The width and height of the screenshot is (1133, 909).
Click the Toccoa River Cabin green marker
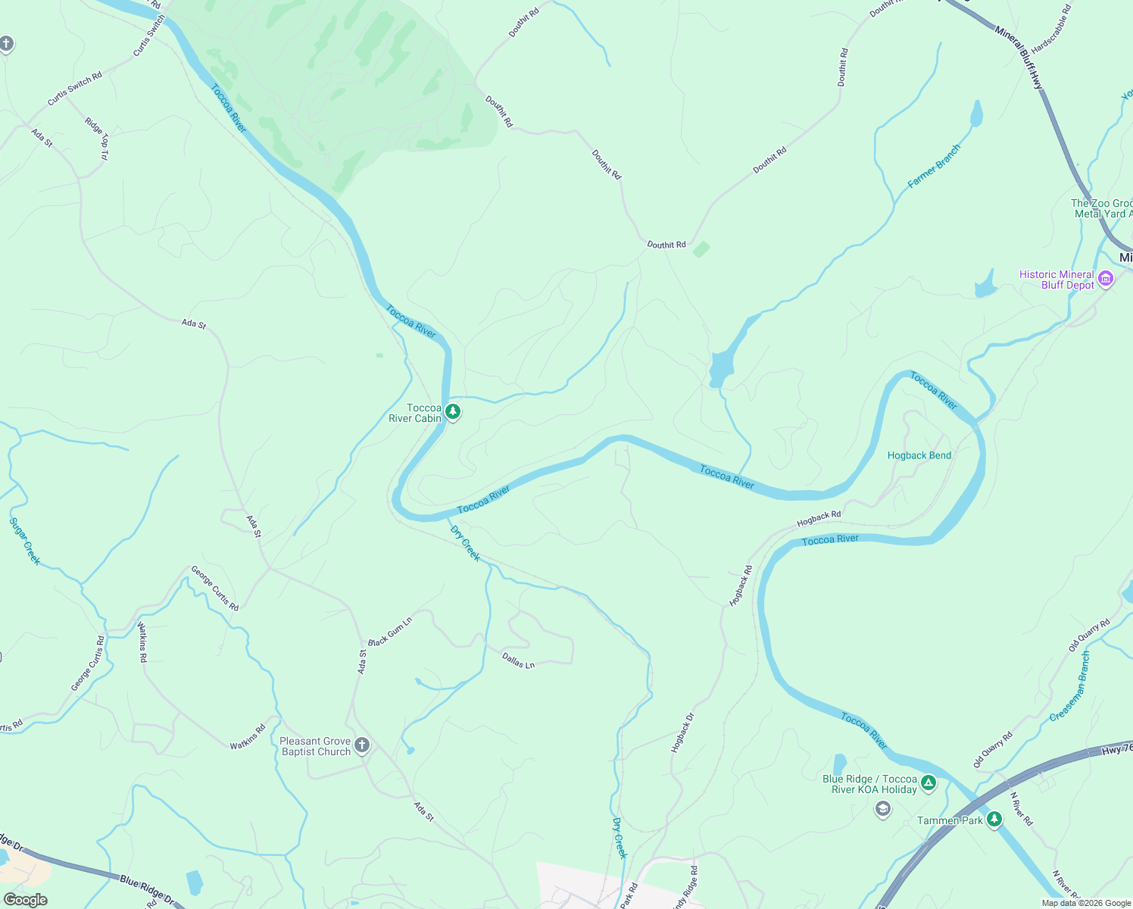coord(452,412)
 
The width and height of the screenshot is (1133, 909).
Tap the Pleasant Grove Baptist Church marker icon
coord(362,745)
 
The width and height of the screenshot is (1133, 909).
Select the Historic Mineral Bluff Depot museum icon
coord(1106,279)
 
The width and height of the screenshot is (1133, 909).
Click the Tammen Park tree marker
coord(994,819)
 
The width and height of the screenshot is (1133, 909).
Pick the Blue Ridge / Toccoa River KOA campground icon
coord(929,783)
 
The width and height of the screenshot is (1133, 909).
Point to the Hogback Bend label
coord(919,455)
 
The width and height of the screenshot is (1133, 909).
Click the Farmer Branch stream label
coord(934,166)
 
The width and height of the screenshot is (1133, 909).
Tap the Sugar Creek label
coord(24,541)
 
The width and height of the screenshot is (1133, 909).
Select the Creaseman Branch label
coord(1070,686)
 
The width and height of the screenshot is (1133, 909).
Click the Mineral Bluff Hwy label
coord(1019,58)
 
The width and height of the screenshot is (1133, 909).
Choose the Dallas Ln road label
coord(518,661)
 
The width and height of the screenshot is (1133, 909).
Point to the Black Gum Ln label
coord(390,631)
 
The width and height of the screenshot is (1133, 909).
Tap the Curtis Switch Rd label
coord(74,89)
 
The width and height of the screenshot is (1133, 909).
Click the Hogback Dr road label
coord(682,733)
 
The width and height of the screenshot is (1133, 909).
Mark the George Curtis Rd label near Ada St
coord(214,588)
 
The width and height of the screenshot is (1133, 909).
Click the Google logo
coord(25,900)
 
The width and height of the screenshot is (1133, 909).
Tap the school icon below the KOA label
coord(882,810)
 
